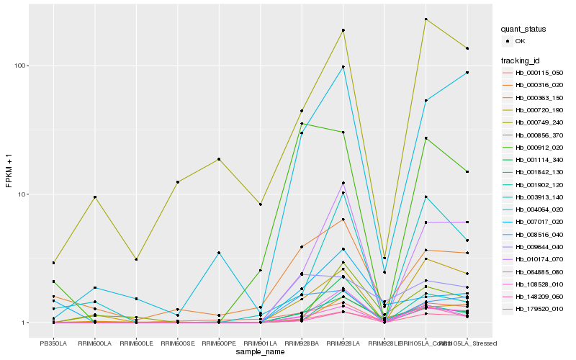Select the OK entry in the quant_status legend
[x=520, y=42]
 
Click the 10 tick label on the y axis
[x=22, y=194]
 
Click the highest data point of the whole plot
[x=426, y=19]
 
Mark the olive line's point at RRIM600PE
[x=219, y=159]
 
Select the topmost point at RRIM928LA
[x=343, y=30]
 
